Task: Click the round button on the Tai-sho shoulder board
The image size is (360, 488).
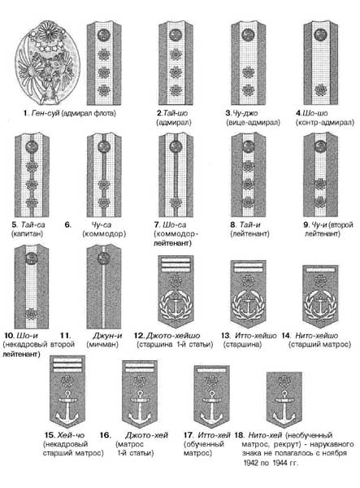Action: click(176, 34)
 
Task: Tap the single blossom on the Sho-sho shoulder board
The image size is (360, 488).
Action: click(320, 89)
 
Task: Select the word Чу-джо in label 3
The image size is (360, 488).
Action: click(245, 113)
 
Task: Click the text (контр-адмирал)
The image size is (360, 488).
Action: click(325, 122)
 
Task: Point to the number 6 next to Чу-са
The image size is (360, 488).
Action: click(68, 224)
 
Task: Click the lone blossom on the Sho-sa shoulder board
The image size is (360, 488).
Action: click(176, 203)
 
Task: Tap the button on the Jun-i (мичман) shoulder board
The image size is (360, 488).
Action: click(103, 258)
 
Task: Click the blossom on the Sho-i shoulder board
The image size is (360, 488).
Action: click(32, 314)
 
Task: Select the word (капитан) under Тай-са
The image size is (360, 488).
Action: click(28, 233)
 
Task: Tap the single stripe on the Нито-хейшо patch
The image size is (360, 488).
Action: click(320, 270)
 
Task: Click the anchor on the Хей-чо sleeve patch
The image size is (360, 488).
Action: click(67, 407)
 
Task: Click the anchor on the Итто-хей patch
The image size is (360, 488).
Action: click(212, 407)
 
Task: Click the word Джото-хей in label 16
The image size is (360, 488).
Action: click(147, 435)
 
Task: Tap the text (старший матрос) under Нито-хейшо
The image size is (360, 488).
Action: click(319, 345)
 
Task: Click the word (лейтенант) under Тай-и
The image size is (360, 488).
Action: click(249, 233)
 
